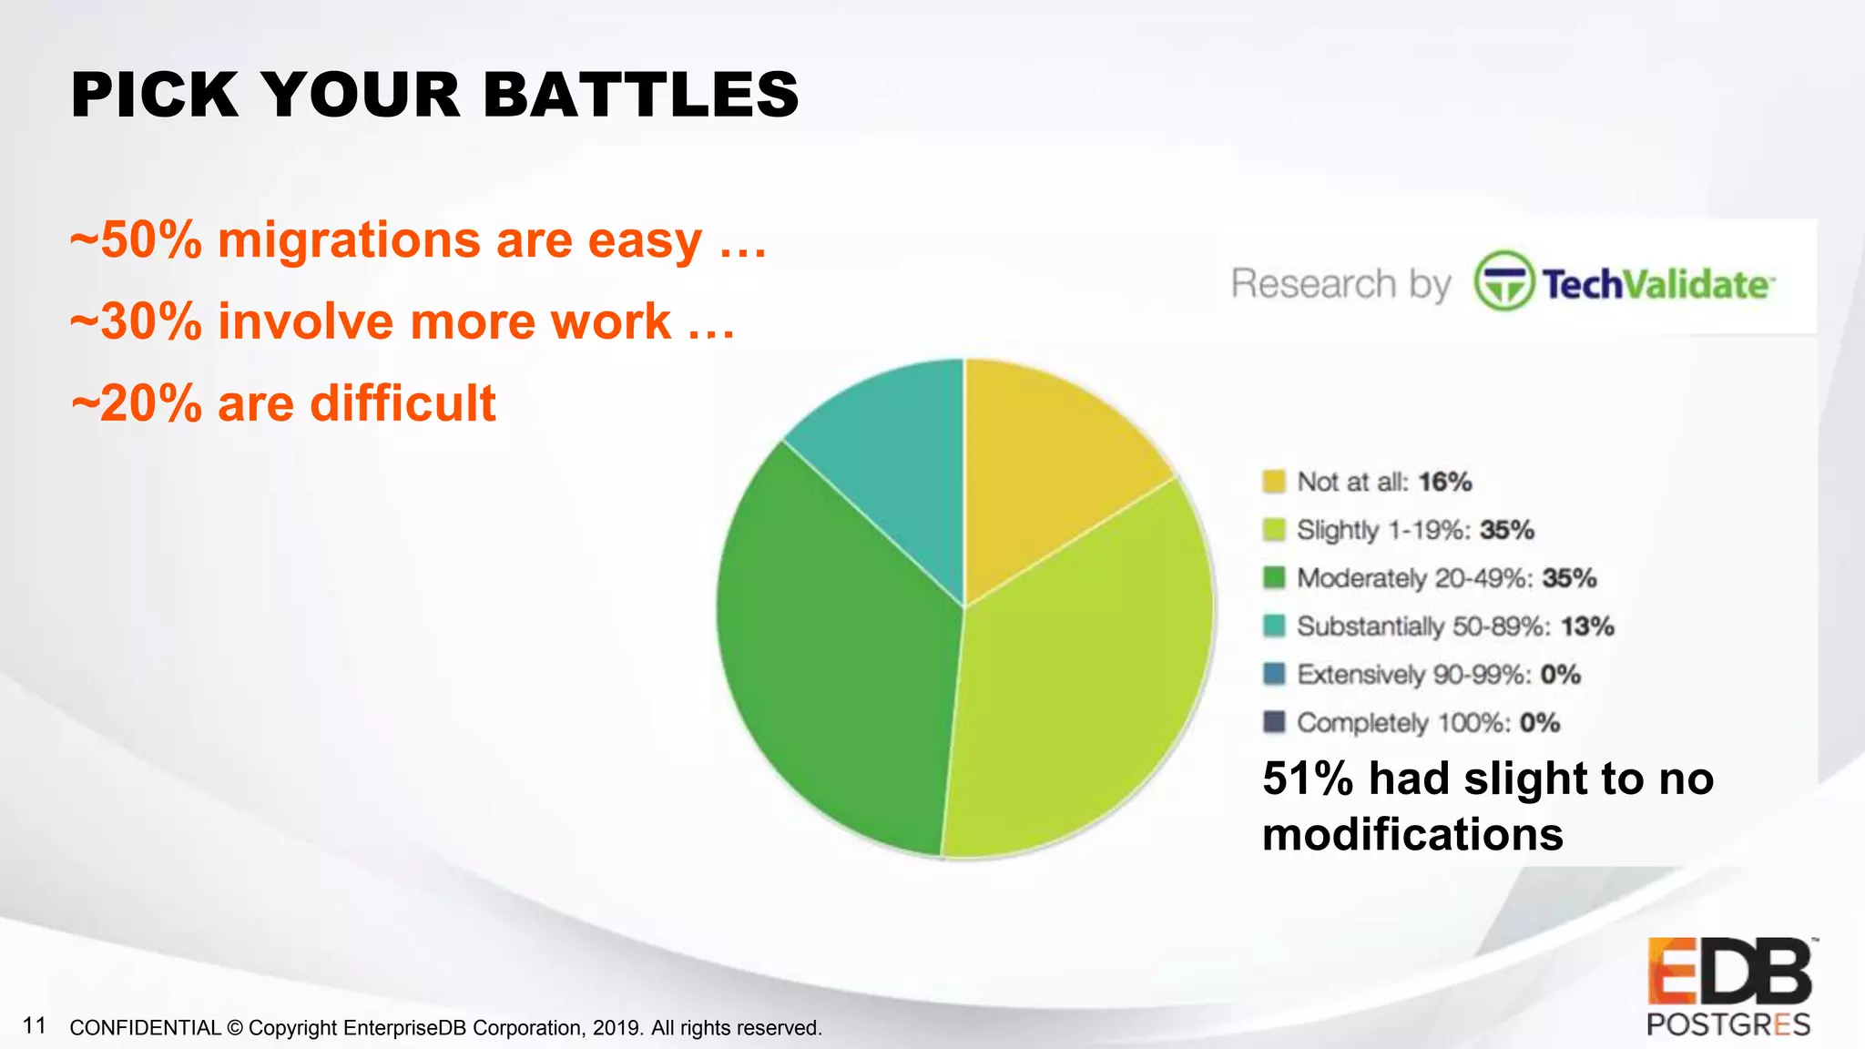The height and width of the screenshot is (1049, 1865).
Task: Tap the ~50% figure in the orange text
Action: tap(137, 240)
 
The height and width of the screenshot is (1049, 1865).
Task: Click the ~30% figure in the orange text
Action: tap(137, 321)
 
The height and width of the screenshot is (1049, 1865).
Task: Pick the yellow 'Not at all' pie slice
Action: tap(1047, 464)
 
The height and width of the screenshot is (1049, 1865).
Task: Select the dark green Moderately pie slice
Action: tap(838, 656)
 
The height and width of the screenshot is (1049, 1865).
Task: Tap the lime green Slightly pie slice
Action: tap(1084, 683)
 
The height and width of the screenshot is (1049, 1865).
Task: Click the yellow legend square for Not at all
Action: tap(1273, 481)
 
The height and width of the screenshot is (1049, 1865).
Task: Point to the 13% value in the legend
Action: tap(1587, 626)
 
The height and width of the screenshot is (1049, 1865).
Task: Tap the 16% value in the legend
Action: tap(1445, 482)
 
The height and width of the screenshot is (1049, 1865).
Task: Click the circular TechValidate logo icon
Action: tap(1503, 281)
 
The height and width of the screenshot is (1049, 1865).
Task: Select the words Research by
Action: tap(1340, 283)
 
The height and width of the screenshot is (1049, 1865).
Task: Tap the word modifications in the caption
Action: tap(1412, 834)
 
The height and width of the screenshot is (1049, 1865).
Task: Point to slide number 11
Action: tap(35, 1025)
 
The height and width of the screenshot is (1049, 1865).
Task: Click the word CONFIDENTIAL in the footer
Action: tap(145, 1028)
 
